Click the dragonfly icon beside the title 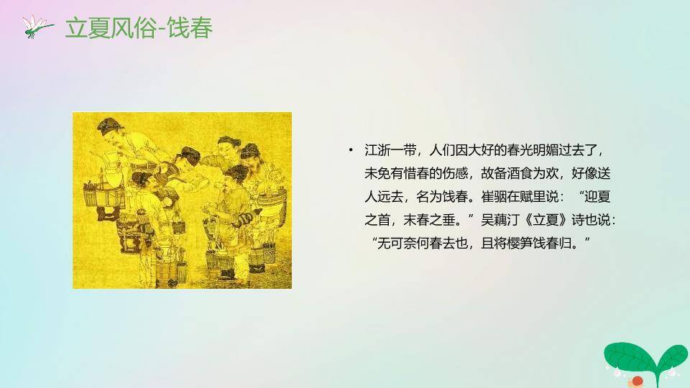pos(37,27)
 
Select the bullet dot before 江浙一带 pos(351,150)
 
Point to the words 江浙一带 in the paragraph pos(388,151)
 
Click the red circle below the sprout pos(636,381)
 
